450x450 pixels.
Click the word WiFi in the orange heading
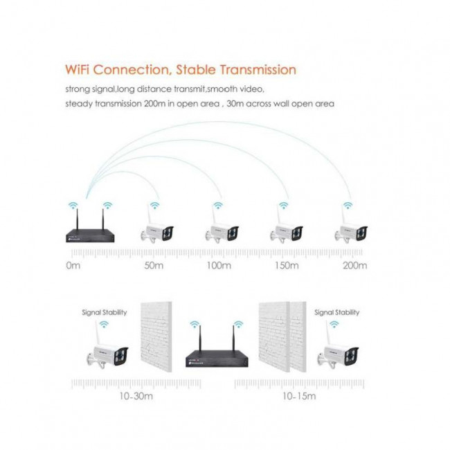tap(77, 70)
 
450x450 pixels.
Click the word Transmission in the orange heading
tap(258, 70)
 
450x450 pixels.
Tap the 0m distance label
tap(73, 265)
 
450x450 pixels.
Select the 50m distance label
tap(154, 265)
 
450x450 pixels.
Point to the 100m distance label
tap(219, 265)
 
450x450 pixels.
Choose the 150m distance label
tap(287, 265)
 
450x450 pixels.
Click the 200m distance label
tap(355, 265)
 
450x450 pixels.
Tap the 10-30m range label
tap(136, 396)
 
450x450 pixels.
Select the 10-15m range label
tap(299, 396)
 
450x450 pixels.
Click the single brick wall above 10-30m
tap(156, 337)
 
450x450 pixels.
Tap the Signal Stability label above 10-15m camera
tap(336, 312)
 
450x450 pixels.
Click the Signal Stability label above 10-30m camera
tap(104, 312)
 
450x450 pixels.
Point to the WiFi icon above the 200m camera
tap(348, 205)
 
